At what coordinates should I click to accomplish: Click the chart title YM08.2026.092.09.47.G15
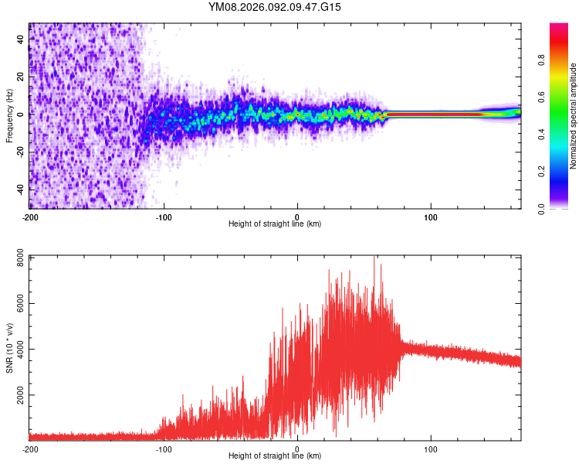click(275, 7)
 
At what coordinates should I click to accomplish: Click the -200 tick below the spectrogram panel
click(31, 217)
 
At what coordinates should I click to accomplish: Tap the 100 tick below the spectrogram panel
click(431, 217)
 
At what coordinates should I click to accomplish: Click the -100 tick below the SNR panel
click(164, 449)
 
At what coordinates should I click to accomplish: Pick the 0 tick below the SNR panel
click(297, 449)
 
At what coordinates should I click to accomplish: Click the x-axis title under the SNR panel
click(275, 456)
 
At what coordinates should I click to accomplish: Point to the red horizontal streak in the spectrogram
click(432, 114)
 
